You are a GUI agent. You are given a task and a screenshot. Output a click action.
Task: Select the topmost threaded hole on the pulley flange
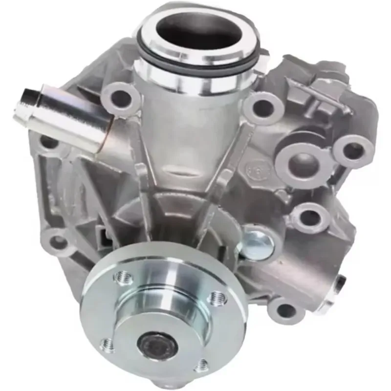[123, 278]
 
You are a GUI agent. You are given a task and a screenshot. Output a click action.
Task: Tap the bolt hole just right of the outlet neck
[264, 108]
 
